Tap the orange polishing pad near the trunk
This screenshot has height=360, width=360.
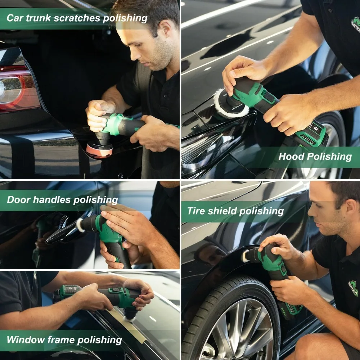point(99,149)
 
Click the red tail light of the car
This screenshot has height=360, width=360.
point(18,88)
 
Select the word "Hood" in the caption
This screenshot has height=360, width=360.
point(291,157)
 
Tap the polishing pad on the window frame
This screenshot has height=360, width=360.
point(130,315)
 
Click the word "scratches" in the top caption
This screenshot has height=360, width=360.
point(82,18)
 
